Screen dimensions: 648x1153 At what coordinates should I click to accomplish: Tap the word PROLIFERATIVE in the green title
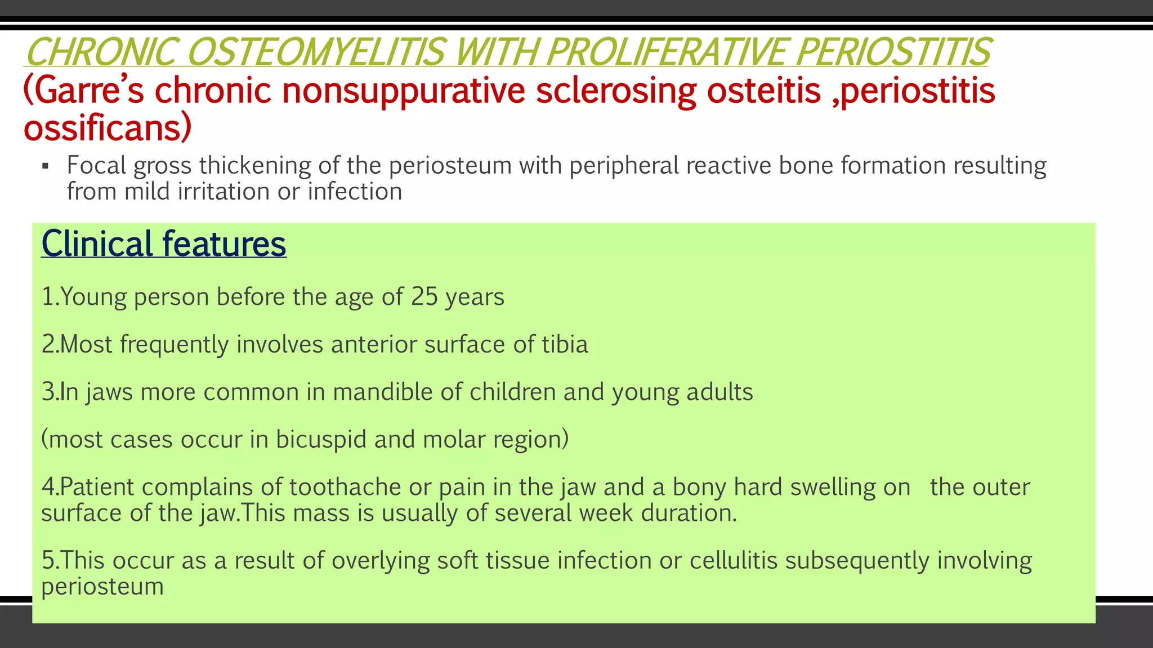click(x=665, y=52)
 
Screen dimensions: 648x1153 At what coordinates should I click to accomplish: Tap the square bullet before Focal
click(x=46, y=167)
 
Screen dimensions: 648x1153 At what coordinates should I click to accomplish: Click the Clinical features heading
click(x=164, y=244)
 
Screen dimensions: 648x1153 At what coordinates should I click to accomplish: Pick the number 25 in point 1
click(x=424, y=297)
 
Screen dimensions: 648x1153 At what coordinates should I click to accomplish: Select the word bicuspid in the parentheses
click(x=320, y=439)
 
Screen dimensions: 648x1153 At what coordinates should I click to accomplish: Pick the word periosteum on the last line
click(x=102, y=587)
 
